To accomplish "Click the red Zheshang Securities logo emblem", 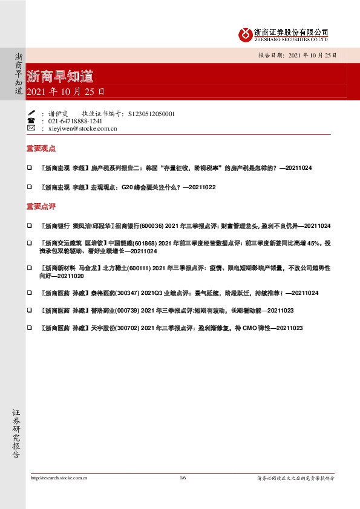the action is [244, 34].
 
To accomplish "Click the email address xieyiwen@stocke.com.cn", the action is [82, 129].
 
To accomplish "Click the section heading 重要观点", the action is [41, 148].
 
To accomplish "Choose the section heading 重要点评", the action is [41, 206].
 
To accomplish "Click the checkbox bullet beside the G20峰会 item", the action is [28, 187].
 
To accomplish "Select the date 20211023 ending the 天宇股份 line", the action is [289, 327].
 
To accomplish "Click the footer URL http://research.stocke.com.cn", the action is [59, 478].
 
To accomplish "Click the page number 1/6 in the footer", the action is [183, 478].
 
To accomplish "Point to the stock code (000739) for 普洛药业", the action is [127, 310].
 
